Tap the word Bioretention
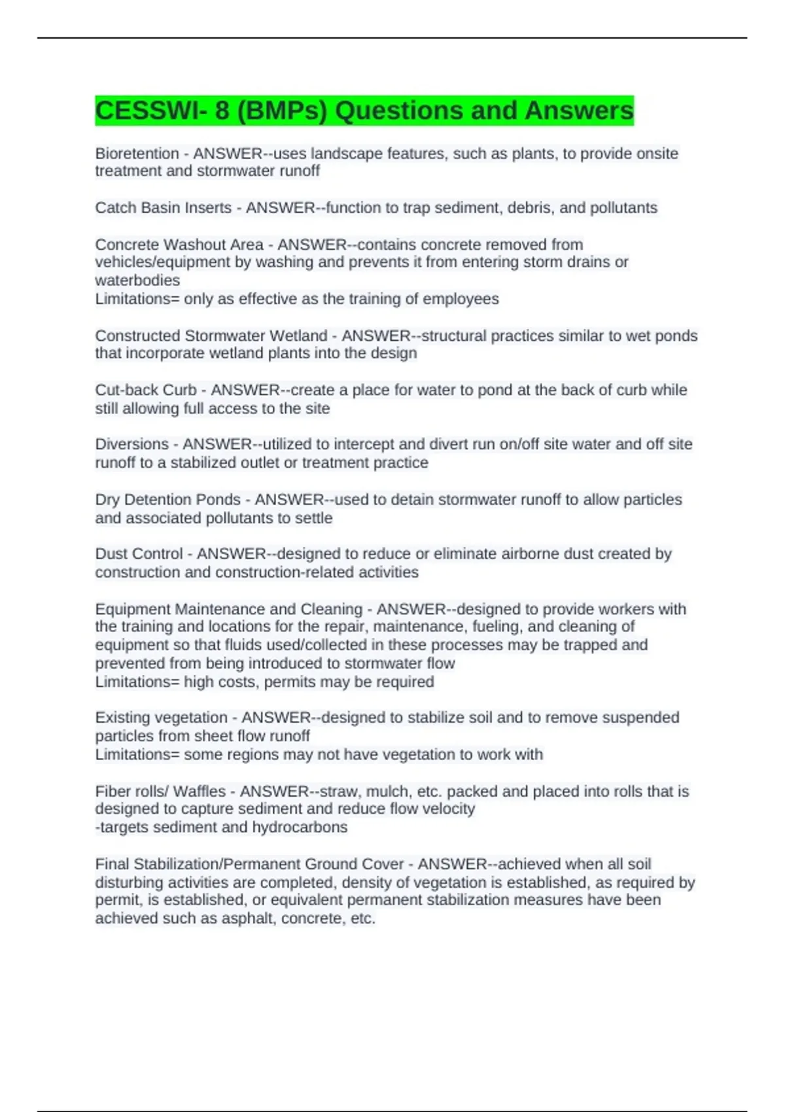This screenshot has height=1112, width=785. [137, 154]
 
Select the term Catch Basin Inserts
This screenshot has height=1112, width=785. [163, 208]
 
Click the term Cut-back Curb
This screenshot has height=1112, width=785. [145, 390]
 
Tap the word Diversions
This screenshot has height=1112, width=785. [131, 444]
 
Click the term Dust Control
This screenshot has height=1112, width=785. [139, 554]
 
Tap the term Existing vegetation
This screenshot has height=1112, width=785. [161, 718]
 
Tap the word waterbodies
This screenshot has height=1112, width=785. [137, 281]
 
